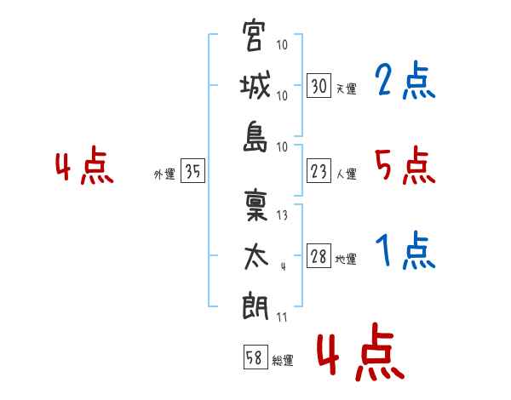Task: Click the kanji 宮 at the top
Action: (253, 35)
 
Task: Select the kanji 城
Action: (255, 85)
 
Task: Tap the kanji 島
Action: (255, 137)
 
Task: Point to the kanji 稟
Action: (255, 206)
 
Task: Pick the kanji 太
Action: (255, 257)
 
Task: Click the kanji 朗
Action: (255, 307)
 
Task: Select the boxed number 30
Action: (319, 85)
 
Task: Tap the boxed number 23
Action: (319, 171)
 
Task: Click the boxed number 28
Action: (319, 255)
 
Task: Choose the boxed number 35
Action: (192, 170)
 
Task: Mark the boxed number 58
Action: (255, 357)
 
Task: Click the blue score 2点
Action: (405, 80)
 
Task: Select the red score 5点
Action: (405, 165)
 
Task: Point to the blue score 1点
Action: (405, 250)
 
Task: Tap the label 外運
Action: (164, 174)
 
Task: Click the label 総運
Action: (283, 361)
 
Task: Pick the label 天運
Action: (347, 89)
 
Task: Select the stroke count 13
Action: (282, 215)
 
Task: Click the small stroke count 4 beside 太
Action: (284, 266)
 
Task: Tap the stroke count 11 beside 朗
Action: (282, 317)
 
